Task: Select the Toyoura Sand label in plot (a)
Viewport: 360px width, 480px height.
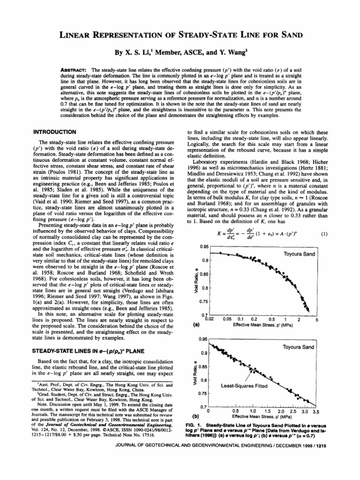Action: click(x=299, y=254)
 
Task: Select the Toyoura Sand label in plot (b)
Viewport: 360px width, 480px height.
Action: click(x=299, y=347)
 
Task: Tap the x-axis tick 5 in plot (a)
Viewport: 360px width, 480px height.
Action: click(x=317, y=320)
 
